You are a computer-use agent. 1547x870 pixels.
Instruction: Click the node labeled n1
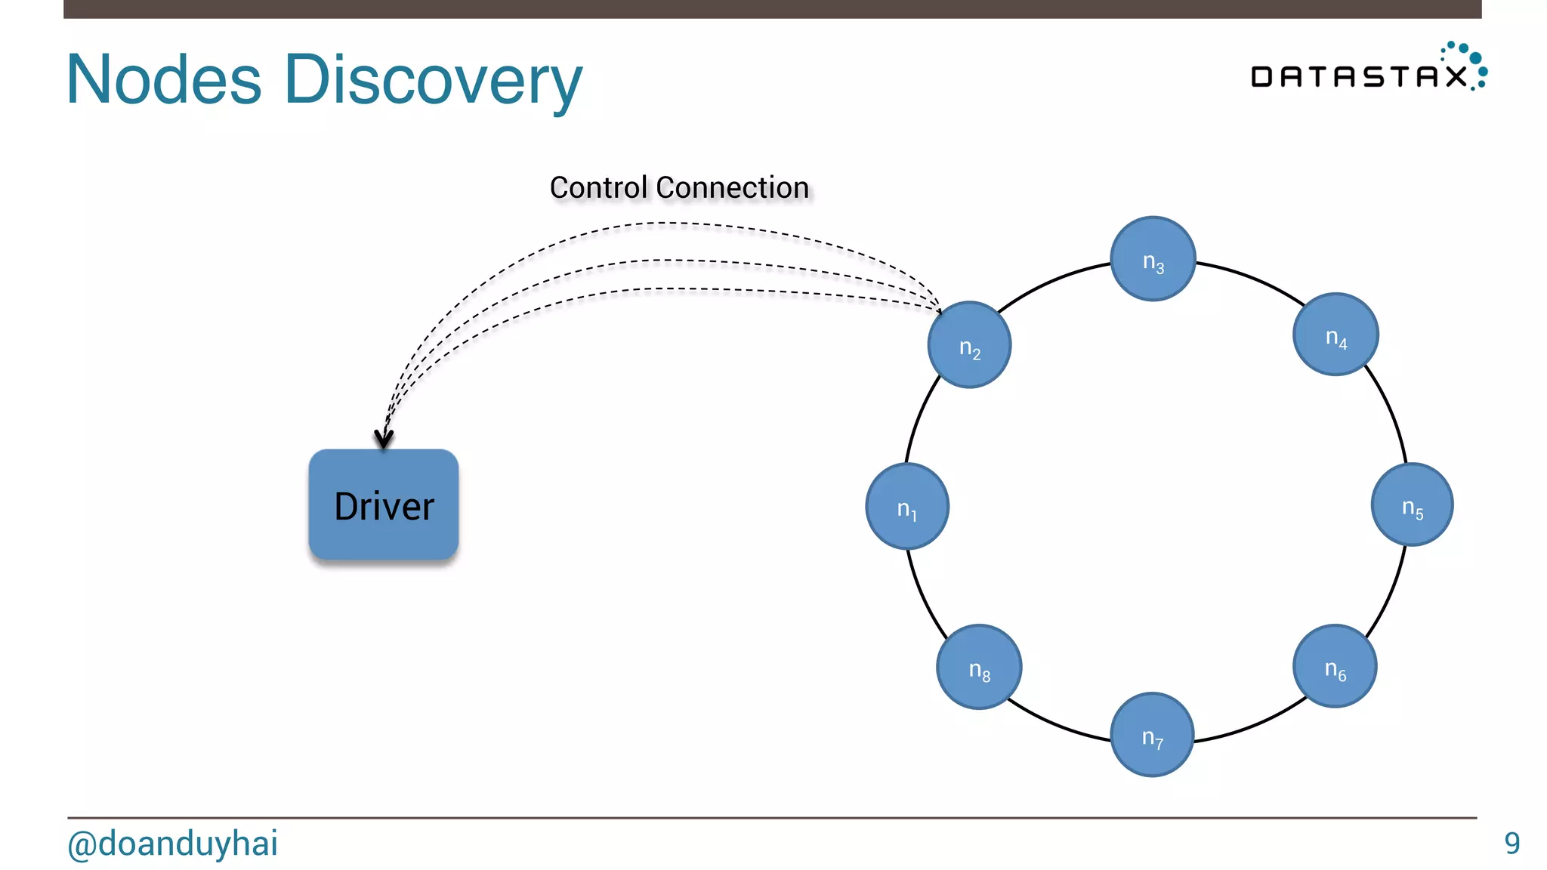pos(906,506)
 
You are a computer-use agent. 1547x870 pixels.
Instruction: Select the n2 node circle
pos(969,345)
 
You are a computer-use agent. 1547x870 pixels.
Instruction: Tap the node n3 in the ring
pos(1153,259)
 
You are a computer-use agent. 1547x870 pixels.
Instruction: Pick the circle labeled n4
pos(1335,335)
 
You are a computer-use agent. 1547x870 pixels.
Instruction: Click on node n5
pos(1412,504)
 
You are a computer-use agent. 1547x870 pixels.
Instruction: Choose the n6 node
pos(1335,666)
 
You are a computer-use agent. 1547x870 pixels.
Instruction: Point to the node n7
pos(1152,734)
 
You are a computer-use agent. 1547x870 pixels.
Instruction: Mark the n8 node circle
pos(979,667)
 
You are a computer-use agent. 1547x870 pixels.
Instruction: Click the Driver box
pos(384,504)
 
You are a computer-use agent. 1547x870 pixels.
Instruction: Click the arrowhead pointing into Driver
pos(384,439)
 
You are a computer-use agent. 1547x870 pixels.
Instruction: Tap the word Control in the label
pos(598,187)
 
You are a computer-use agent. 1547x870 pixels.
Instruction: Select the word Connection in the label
pos(733,187)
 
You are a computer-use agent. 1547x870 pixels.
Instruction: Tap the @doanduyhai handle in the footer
pos(172,844)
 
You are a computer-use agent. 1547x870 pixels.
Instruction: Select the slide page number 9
pos(1511,844)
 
